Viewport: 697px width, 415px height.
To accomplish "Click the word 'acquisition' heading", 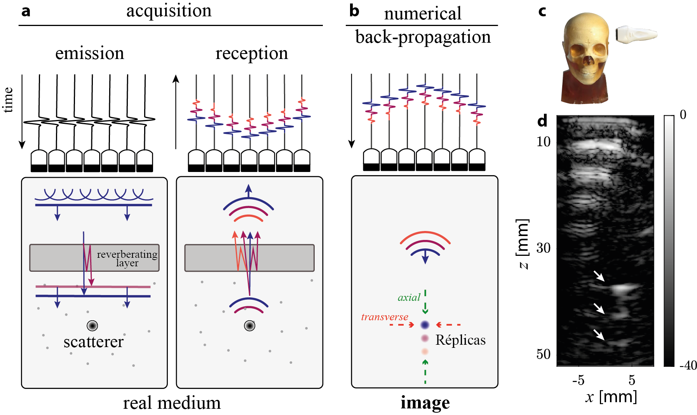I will click(x=169, y=11).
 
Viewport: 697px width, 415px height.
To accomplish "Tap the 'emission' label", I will click(x=89, y=54).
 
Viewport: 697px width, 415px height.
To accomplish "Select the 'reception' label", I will click(x=252, y=54).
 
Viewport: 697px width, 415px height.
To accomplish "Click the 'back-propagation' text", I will click(x=423, y=37).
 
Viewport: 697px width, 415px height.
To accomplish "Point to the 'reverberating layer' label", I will click(x=127, y=258).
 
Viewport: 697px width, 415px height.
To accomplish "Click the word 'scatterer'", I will click(x=93, y=342).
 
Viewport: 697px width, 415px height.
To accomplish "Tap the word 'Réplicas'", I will click(x=460, y=340).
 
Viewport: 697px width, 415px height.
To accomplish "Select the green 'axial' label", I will click(x=409, y=298).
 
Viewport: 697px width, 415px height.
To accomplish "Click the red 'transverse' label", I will click(x=384, y=317).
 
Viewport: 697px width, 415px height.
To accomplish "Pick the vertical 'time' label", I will click(x=9, y=100).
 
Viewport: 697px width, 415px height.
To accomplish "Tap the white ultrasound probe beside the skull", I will click(x=636, y=34).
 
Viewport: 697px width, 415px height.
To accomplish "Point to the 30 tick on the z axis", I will click(x=544, y=248).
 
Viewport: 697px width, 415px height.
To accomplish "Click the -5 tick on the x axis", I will click(x=578, y=380).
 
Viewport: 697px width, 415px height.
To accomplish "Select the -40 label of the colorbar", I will click(x=688, y=365).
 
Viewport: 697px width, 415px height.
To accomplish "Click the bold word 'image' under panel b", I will click(x=425, y=403).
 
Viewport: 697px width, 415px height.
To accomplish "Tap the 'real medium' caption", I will click(x=172, y=403).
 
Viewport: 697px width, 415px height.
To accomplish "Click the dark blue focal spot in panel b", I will click(x=425, y=325).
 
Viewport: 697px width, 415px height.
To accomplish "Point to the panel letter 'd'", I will click(x=542, y=122).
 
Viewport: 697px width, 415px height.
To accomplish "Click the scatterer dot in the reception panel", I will click(x=249, y=325).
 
